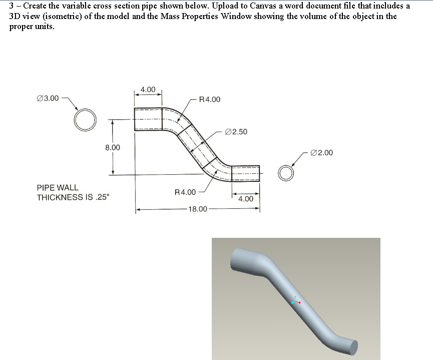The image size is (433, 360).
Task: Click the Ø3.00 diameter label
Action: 48,98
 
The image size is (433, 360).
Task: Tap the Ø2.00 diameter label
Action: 321,153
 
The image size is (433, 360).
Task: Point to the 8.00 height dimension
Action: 113,148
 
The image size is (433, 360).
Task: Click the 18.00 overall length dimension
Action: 197,209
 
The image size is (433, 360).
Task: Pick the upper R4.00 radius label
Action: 209,99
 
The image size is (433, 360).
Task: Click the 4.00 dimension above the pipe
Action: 148,90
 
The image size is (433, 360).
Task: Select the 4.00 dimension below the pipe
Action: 245,199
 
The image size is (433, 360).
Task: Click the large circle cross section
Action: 85,120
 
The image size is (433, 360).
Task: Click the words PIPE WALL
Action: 58,188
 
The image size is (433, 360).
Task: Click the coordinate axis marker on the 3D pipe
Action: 296,300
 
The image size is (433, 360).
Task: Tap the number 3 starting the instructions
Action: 12,6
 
